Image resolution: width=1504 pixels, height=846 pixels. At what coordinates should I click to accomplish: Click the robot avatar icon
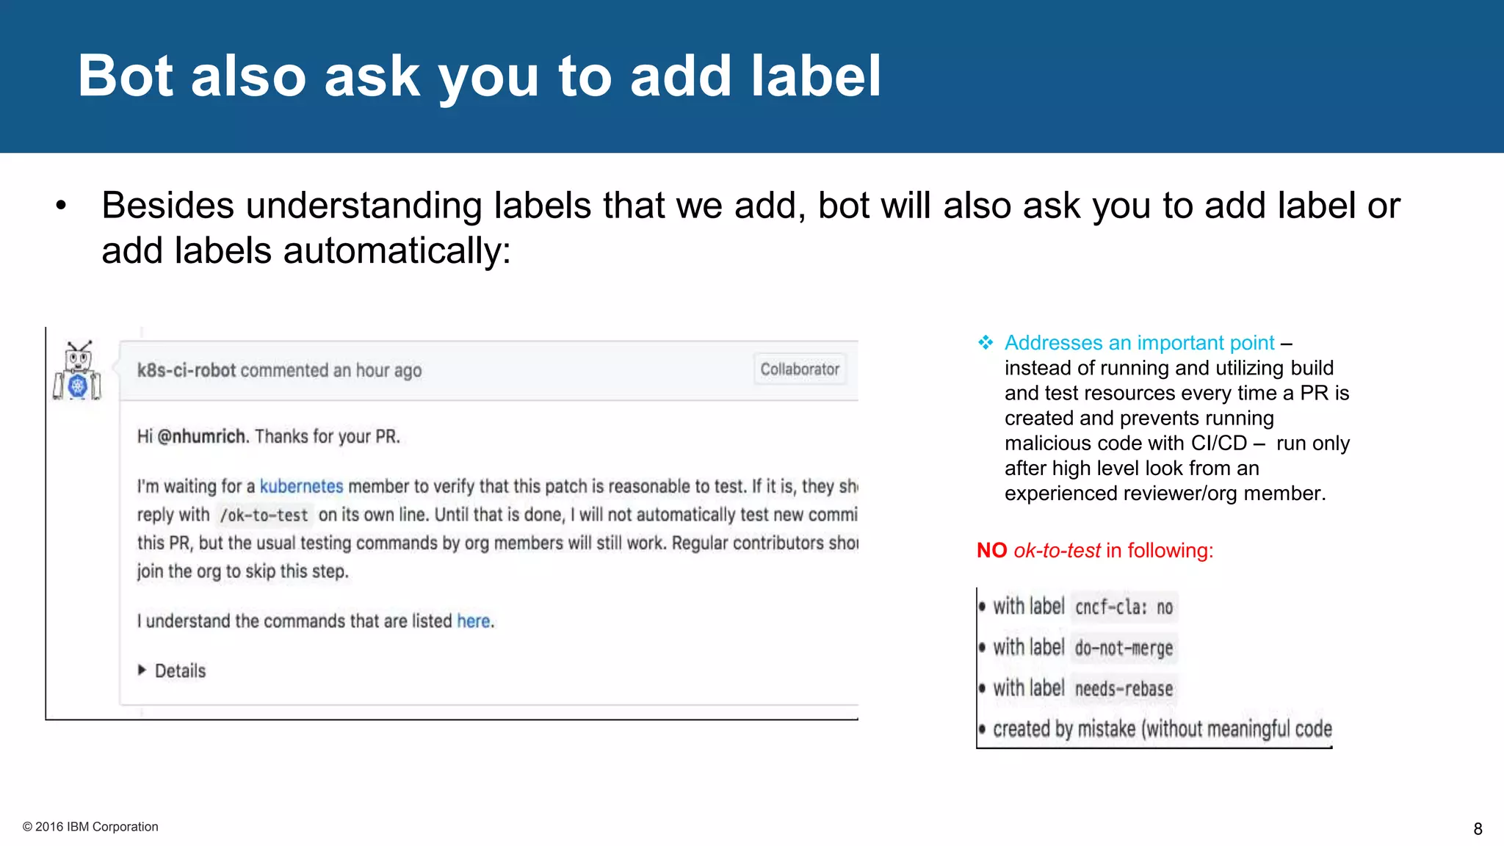point(77,371)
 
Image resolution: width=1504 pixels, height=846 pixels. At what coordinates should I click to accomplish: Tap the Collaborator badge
point(799,369)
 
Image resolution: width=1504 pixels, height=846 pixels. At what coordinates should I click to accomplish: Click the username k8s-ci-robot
point(186,371)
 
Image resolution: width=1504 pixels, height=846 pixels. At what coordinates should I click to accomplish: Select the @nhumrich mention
point(201,437)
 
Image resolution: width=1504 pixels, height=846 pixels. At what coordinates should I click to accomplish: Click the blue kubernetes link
point(301,486)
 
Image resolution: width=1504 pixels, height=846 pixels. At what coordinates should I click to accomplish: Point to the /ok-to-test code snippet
point(264,516)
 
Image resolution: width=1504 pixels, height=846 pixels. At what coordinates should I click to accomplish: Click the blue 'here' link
point(473,621)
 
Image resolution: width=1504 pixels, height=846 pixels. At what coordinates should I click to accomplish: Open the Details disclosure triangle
point(142,670)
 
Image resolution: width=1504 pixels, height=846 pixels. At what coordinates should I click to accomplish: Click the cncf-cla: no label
point(1124,607)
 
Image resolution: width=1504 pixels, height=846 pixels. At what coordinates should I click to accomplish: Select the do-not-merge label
point(1124,648)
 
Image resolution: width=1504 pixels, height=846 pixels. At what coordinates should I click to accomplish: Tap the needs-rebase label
point(1124,689)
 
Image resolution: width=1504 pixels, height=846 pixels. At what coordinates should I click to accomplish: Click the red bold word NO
point(991,551)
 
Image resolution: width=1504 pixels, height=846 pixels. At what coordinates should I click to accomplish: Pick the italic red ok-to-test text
point(1057,551)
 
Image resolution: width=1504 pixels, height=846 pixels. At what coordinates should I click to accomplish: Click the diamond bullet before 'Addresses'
point(986,343)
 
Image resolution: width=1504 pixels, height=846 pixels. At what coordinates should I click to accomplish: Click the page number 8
point(1478,829)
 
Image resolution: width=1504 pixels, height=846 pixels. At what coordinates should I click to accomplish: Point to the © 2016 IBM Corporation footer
point(90,827)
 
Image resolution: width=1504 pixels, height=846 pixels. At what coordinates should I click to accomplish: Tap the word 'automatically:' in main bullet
point(397,251)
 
